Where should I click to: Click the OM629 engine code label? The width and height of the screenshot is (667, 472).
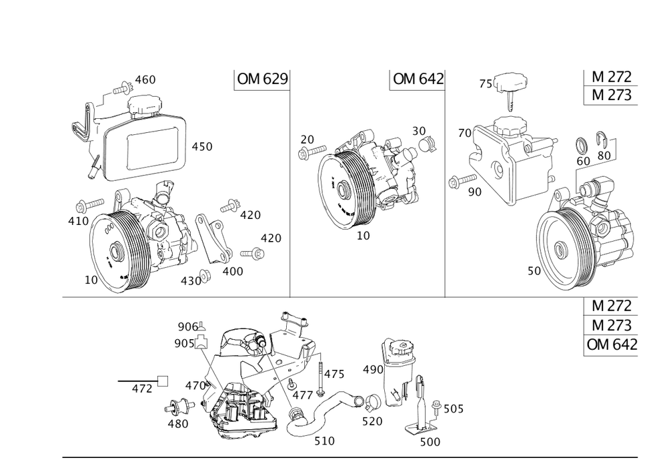(x=262, y=80)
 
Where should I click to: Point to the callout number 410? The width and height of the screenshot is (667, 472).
(x=78, y=218)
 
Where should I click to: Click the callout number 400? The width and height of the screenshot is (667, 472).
(x=233, y=272)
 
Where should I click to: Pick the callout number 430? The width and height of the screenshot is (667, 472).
(x=191, y=281)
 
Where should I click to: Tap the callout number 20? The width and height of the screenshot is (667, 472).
(x=307, y=139)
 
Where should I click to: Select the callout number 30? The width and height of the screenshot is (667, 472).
(x=419, y=130)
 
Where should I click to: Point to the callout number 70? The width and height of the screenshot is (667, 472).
(x=465, y=134)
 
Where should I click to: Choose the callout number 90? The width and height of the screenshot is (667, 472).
(x=474, y=192)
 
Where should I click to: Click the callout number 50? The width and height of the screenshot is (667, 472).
(x=534, y=271)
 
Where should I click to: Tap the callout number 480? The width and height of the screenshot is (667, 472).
(x=179, y=423)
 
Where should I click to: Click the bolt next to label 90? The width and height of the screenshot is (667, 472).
(x=459, y=180)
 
